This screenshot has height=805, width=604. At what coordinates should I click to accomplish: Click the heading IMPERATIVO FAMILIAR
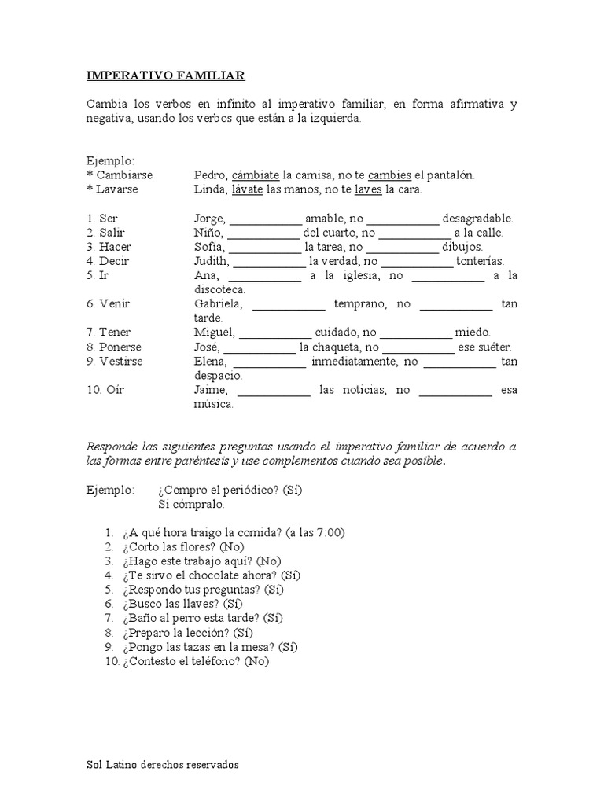coord(165,75)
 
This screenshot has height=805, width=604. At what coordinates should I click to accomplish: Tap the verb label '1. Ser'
coord(101,219)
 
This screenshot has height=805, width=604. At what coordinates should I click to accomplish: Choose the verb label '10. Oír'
coord(105,391)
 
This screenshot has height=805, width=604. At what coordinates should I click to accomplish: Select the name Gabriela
coord(219,304)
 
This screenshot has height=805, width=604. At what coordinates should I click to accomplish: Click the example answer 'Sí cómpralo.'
coord(191,504)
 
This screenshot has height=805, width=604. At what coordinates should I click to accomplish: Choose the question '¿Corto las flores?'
coord(168,546)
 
